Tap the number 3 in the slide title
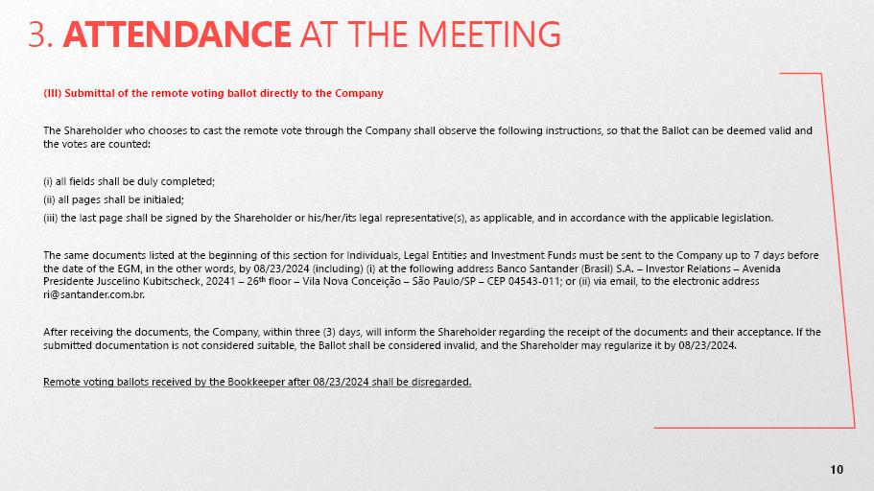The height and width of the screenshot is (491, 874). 36,35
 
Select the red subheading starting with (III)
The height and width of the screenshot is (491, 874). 213,93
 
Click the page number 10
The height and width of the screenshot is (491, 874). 837,469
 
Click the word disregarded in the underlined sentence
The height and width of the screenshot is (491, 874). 438,382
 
